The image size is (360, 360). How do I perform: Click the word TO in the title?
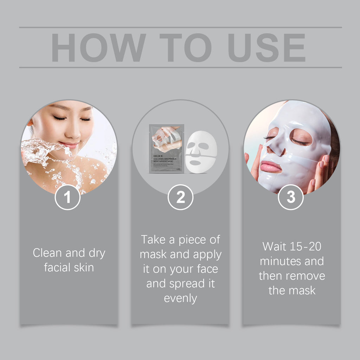tap(185, 48)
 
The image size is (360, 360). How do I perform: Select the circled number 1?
tap(67, 198)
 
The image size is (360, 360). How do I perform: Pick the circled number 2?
tap(180, 198)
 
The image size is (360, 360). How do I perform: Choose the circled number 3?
tap(291, 198)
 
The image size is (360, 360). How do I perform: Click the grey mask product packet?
tap(166, 148)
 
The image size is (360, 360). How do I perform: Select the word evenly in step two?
tap(180, 298)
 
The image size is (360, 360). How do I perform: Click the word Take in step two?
tap(154, 239)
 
